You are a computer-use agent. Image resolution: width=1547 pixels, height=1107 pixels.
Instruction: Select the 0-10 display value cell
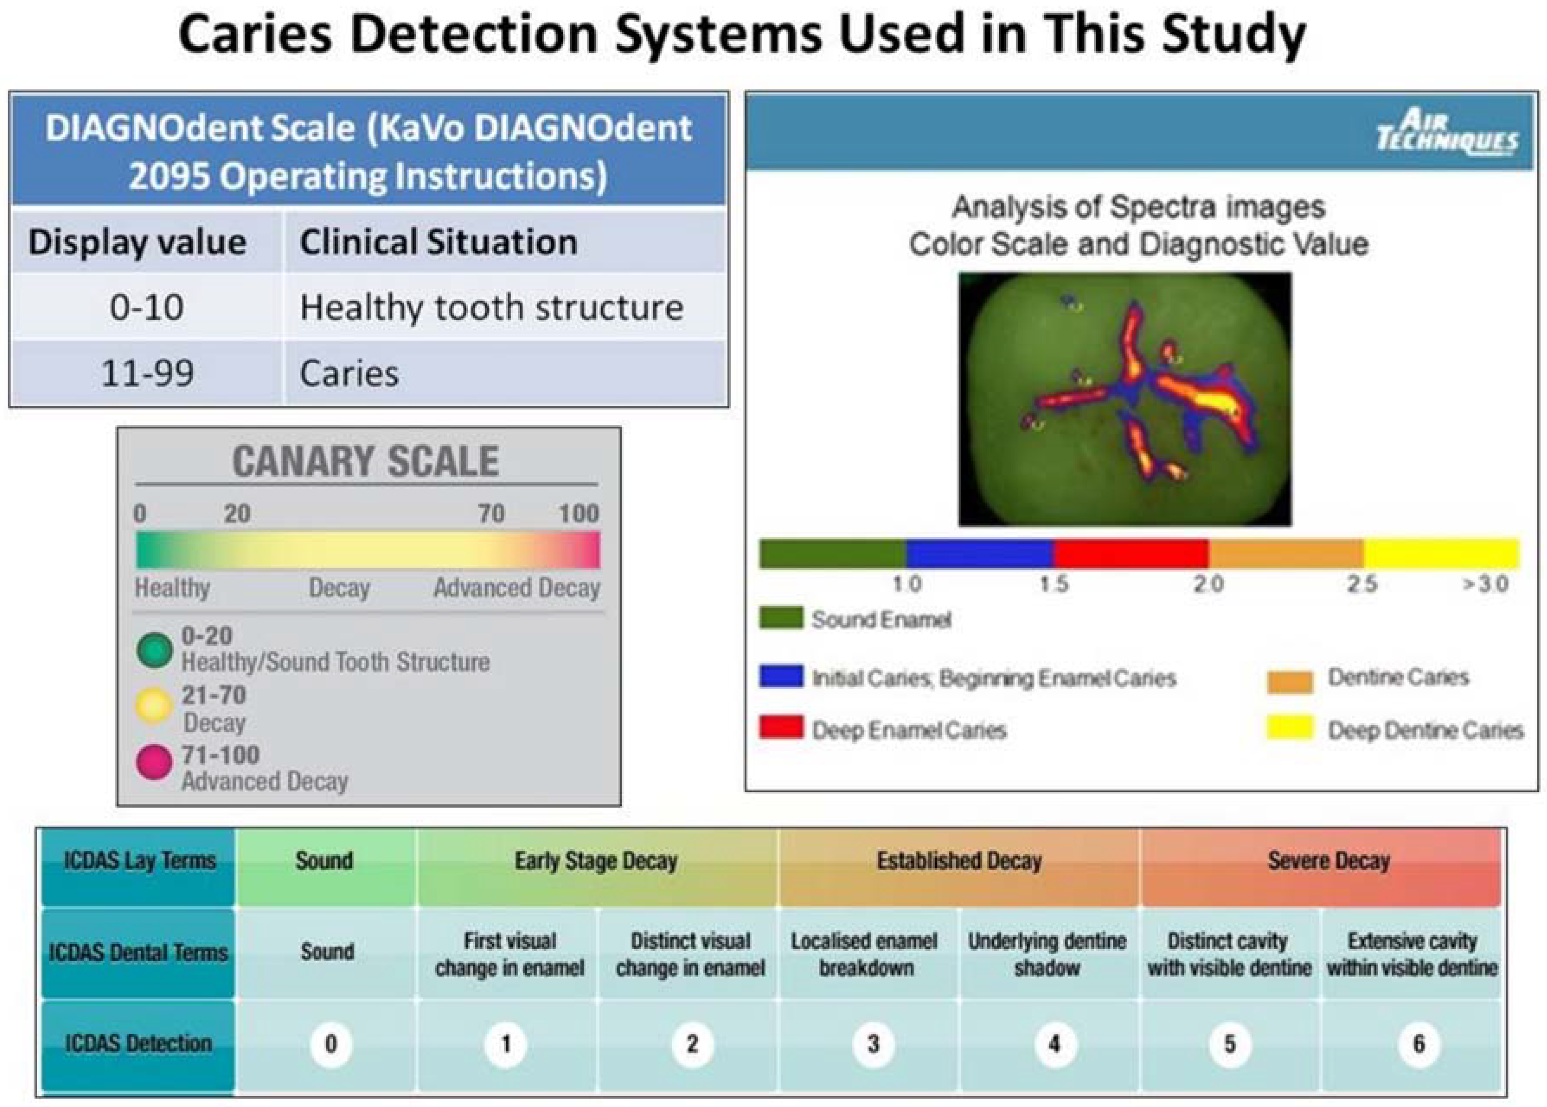point(147,307)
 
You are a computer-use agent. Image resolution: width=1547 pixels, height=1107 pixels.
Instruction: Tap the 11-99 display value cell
point(147,373)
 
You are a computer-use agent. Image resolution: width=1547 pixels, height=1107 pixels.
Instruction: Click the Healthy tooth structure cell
point(505,307)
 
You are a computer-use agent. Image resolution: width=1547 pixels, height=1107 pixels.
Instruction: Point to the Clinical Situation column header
point(505,242)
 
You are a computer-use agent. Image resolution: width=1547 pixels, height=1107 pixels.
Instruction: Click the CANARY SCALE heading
point(366,461)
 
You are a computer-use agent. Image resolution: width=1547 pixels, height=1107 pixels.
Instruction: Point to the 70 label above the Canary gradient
point(491,513)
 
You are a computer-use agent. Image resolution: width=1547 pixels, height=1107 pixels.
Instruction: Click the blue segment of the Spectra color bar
point(979,553)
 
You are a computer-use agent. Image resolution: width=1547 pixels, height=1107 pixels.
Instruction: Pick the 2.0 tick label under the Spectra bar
point(1208,584)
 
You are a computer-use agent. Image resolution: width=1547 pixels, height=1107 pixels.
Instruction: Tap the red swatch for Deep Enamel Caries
point(781,727)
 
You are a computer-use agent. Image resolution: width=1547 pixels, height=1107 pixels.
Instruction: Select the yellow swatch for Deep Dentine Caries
point(1290,727)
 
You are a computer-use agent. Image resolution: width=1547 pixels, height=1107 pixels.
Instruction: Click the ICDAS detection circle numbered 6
point(1419,1044)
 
